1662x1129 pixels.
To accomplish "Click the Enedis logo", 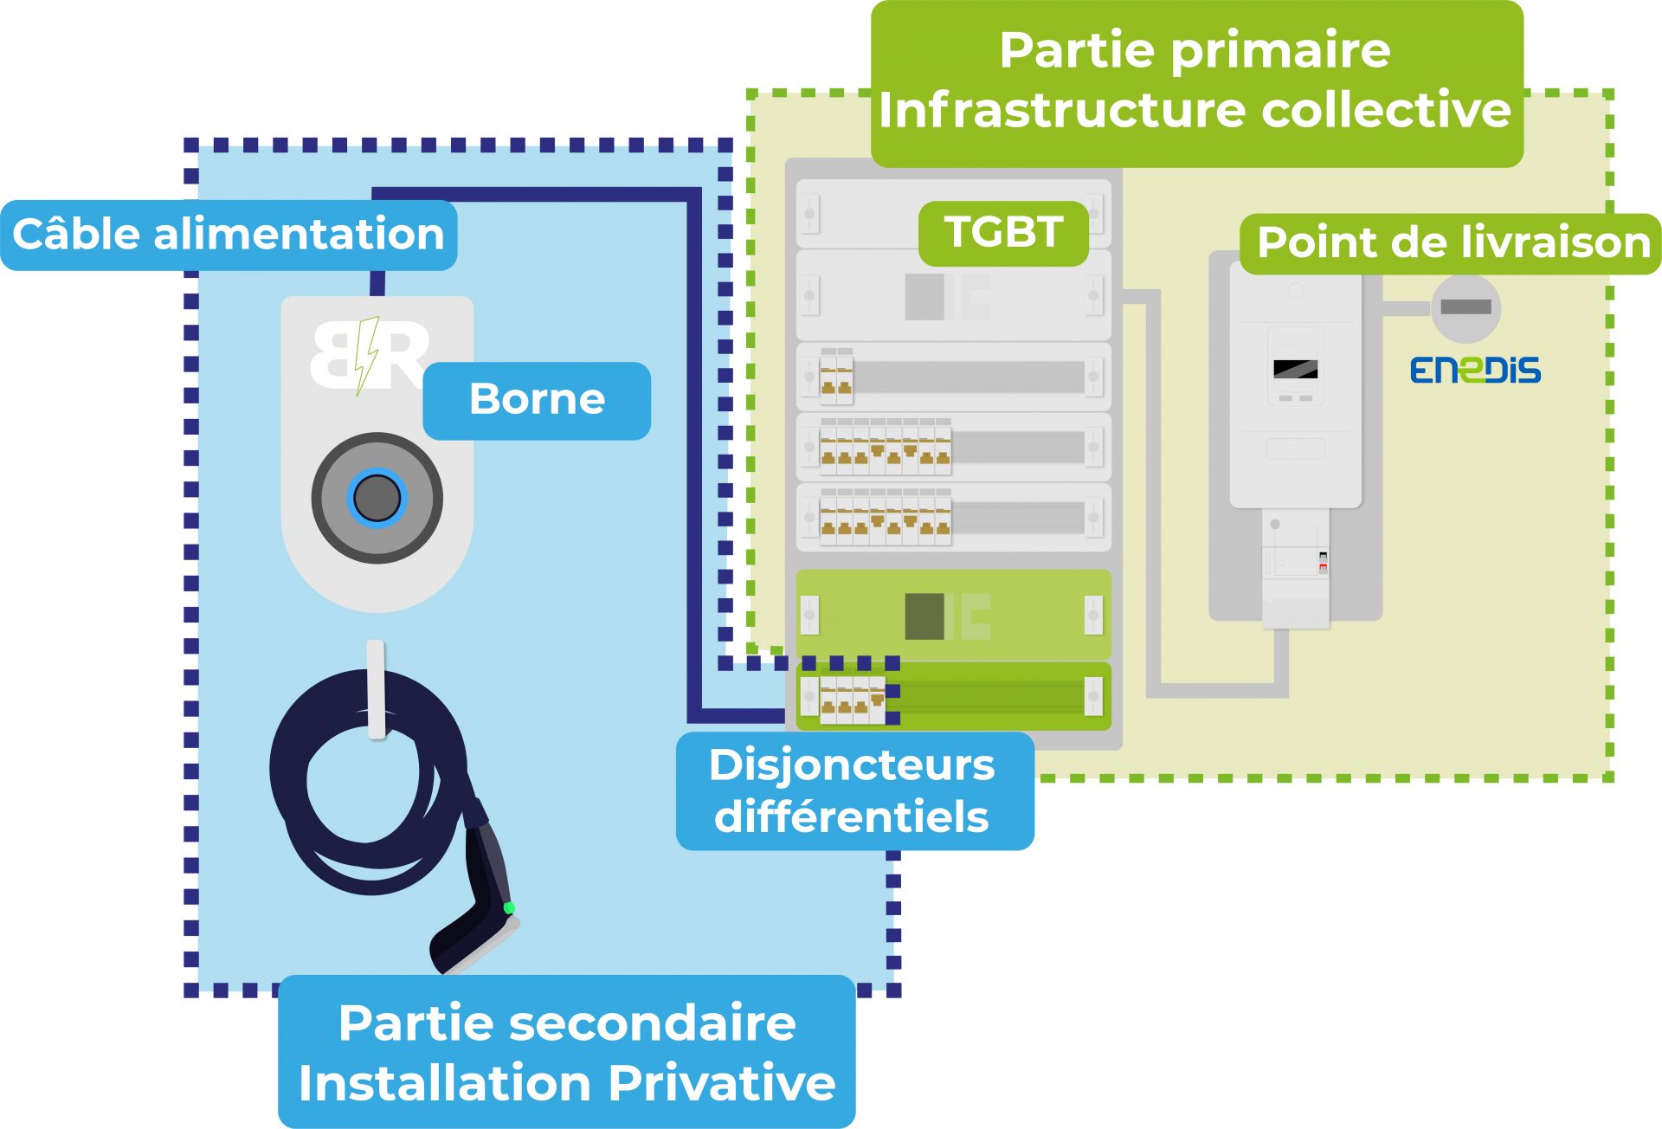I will (1475, 371).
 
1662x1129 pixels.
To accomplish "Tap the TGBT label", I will (1003, 233).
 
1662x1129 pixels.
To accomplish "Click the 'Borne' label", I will (537, 400).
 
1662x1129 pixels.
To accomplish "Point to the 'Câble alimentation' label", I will (228, 235).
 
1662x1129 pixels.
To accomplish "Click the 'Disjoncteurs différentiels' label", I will (854, 790).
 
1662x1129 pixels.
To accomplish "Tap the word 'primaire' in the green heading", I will (1281, 50).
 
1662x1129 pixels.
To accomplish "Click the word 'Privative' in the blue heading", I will (721, 1083).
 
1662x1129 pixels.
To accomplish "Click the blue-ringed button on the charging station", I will (377, 498).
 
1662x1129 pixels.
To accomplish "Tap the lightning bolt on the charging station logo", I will (367, 354).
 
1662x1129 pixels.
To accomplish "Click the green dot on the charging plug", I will (509, 907).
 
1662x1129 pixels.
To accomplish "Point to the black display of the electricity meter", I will (1295, 369).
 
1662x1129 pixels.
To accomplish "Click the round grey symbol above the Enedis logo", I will (1466, 307).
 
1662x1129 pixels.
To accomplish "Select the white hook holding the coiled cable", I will (376, 688).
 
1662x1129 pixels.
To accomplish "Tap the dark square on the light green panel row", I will (924, 616).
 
